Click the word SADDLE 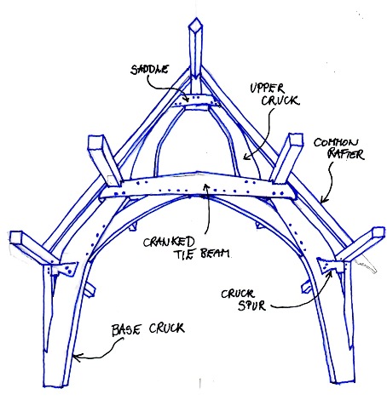(x=149, y=70)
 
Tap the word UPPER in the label (x=267, y=89)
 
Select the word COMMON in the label (x=336, y=142)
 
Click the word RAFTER (x=345, y=155)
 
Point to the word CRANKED (x=169, y=242)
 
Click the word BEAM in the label (x=215, y=253)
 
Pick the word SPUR (x=251, y=306)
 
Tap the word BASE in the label (x=126, y=329)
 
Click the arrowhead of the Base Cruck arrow (x=77, y=357)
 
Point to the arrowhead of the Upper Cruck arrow (x=246, y=156)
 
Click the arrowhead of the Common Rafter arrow (x=324, y=200)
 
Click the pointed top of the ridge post (x=196, y=19)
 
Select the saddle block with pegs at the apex (x=196, y=100)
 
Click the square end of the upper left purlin (x=95, y=142)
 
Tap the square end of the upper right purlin (x=295, y=140)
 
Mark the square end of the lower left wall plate (x=16, y=237)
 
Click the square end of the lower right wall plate (x=378, y=231)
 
